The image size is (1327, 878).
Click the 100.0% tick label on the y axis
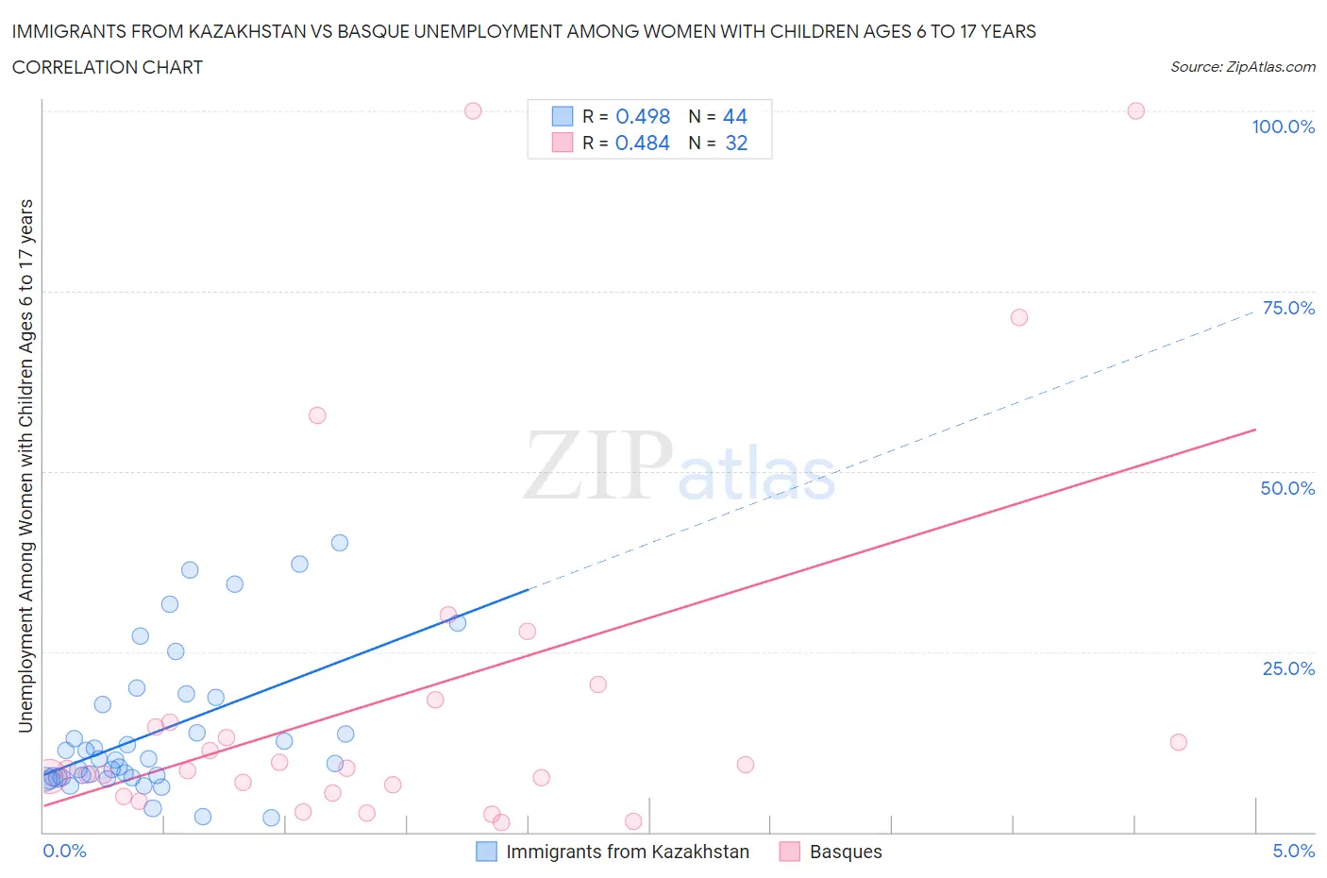pyautogui.click(x=1283, y=127)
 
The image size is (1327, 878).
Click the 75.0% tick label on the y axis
pyautogui.click(x=1287, y=308)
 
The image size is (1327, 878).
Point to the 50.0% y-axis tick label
pyautogui.click(x=1287, y=488)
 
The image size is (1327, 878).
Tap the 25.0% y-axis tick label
pyautogui.click(x=1287, y=668)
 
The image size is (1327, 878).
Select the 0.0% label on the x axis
pyautogui.click(x=64, y=851)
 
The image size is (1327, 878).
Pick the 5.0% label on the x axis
pyautogui.click(x=1293, y=851)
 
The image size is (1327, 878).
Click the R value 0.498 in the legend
pyautogui.click(x=643, y=116)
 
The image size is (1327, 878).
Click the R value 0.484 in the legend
pyautogui.click(x=642, y=143)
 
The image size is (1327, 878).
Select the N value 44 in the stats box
pyautogui.click(x=734, y=116)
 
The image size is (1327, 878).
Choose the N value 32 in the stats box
pyautogui.click(x=735, y=143)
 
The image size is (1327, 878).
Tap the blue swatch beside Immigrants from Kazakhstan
pyautogui.click(x=486, y=852)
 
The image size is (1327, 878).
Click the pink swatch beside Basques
pyautogui.click(x=790, y=852)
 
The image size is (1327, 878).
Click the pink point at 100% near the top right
pyautogui.click(x=1135, y=110)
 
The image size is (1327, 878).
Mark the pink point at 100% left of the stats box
pyautogui.click(x=473, y=110)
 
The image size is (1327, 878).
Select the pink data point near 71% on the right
pyautogui.click(x=1018, y=317)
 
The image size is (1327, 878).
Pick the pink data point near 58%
pyautogui.click(x=317, y=415)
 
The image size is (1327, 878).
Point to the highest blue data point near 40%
pyautogui.click(x=340, y=543)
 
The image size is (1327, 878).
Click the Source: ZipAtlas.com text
pyautogui.click(x=1242, y=67)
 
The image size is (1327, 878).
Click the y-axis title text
pyautogui.click(x=26, y=465)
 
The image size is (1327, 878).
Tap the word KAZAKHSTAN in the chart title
pyautogui.click(x=246, y=31)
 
